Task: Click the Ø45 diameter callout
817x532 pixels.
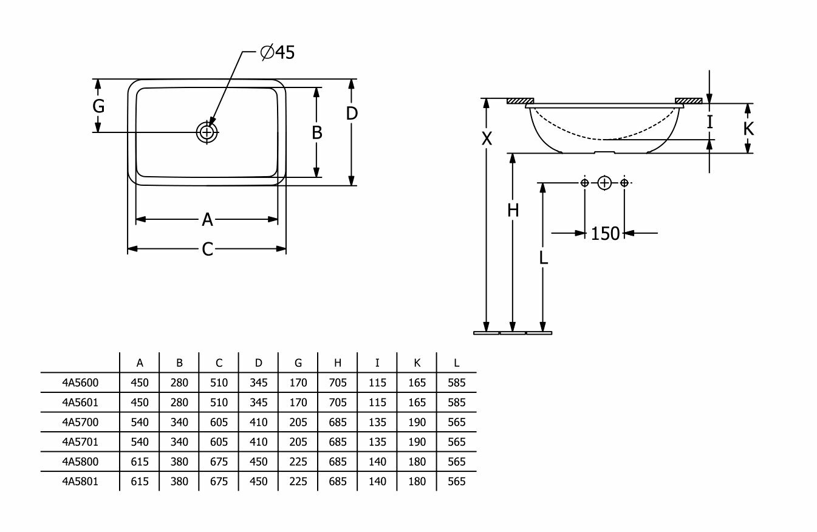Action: pyautogui.click(x=278, y=53)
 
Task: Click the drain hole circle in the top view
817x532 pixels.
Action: pyautogui.click(x=207, y=131)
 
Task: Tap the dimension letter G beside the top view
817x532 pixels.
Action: pyautogui.click(x=98, y=106)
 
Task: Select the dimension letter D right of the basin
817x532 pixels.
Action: pyautogui.click(x=352, y=113)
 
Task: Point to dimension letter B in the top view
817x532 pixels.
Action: pyautogui.click(x=316, y=132)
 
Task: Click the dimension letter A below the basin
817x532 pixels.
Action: pyautogui.click(x=208, y=219)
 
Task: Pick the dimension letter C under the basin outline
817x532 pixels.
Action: pyautogui.click(x=208, y=249)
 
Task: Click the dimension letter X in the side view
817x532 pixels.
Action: pyautogui.click(x=487, y=139)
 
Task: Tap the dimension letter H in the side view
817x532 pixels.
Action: pyautogui.click(x=513, y=210)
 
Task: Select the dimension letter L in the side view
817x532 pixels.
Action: pyautogui.click(x=543, y=257)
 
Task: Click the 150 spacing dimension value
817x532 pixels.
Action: pyautogui.click(x=605, y=233)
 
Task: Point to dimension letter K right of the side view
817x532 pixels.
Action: pyautogui.click(x=748, y=128)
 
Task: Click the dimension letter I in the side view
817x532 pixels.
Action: pyautogui.click(x=709, y=122)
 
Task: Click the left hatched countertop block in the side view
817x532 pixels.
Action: pyautogui.click(x=519, y=101)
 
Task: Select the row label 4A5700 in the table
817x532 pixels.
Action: pyautogui.click(x=80, y=422)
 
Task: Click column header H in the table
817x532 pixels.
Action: pyautogui.click(x=338, y=363)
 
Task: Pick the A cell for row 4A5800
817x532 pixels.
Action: pyautogui.click(x=140, y=462)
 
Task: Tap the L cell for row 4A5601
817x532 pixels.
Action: pyautogui.click(x=456, y=402)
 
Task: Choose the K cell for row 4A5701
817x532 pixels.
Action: pyautogui.click(x=417, y=442)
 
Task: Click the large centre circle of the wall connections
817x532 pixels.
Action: pyautogui.click(x=604, y=182)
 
